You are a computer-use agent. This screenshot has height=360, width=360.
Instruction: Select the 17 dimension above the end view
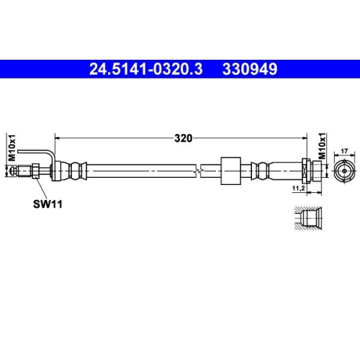(343, 150)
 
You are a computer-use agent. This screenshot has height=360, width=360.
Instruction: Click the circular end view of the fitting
(343, 171)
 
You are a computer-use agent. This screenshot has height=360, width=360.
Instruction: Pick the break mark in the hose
(197, 171)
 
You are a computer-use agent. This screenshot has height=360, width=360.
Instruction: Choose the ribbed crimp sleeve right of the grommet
(262, 171)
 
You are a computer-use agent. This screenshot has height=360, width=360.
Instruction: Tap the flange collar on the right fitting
(308, 171)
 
